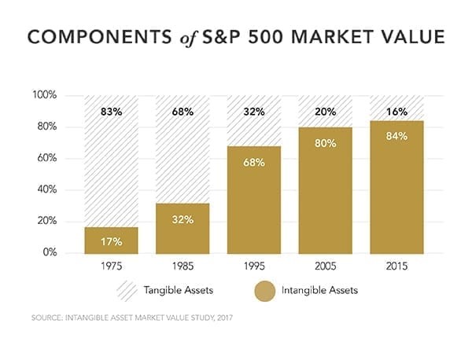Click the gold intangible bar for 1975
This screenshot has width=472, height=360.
[111, 241]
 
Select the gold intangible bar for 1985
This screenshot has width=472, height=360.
[182, 229]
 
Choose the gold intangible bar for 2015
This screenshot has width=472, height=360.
[396, 188]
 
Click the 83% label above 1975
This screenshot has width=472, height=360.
[111, 112]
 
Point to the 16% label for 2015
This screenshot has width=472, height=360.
[396, 112]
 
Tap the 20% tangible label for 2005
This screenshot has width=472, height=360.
[325, 112]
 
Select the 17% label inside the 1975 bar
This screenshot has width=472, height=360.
[111, 242]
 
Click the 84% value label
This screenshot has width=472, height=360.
[396, 138]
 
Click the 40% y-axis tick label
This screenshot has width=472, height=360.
[49, 189]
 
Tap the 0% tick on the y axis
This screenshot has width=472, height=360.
[52, 253]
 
